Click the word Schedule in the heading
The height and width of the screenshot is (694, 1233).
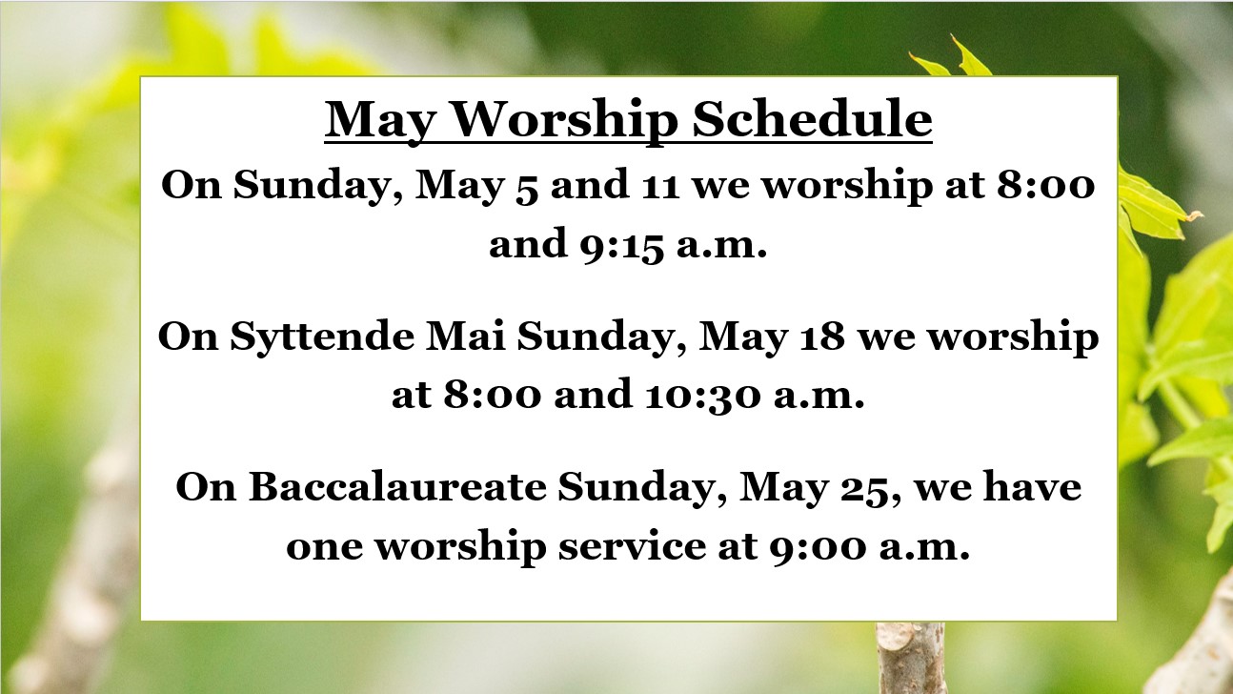pos(812,119)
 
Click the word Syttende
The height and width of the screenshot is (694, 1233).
pos(322,337)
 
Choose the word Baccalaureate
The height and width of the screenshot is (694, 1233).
pos(397,487)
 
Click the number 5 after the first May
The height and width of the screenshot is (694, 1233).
pos(527,188)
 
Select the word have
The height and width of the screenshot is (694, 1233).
pos(1032,487)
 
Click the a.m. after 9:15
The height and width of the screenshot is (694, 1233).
pos(721,246)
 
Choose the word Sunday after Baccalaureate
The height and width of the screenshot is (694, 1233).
pos(641,488)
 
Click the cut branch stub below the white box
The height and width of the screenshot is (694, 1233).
pos(911,658)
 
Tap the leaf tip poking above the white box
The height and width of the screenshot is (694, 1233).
pos(955,38)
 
